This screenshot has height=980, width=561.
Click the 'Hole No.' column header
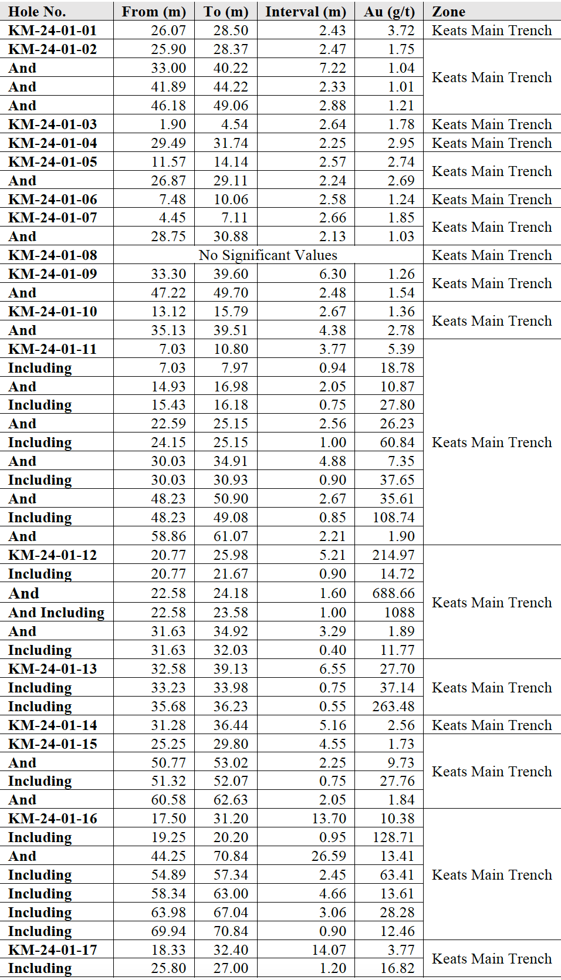37,12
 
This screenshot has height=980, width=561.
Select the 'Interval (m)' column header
305,12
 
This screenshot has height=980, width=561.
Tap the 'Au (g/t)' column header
389,12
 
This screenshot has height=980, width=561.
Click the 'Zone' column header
449,12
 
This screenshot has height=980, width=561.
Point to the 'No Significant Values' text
268,255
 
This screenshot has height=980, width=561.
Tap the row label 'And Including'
56,613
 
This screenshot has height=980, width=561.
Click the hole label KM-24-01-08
53,255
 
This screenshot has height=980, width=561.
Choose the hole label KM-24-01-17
53,950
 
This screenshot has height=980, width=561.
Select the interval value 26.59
329,856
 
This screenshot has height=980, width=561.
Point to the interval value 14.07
329,950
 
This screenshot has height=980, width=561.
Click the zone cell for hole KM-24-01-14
492,725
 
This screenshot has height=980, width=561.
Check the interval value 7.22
333,68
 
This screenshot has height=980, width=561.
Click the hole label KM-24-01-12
53,555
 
